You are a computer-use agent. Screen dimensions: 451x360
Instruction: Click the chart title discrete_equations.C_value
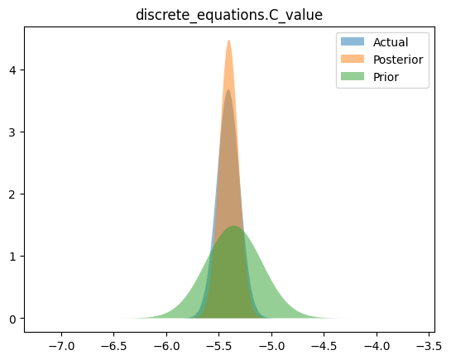[229, 15]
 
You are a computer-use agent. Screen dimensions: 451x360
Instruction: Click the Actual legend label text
[391, 42]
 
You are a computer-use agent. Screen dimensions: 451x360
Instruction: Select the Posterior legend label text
[398, 60]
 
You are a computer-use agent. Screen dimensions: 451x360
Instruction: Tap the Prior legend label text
[386, 77]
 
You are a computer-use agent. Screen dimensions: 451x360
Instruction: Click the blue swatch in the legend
[353, 41]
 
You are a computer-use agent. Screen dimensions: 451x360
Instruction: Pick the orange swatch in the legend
[353, 59]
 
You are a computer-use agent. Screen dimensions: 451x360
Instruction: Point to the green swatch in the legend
[353, 76]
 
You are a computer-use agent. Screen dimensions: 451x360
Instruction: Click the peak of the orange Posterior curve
[228, 41]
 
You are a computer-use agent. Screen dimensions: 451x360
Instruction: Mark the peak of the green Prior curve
[234, 226]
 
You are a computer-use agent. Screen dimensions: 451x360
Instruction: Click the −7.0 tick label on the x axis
[61, 346]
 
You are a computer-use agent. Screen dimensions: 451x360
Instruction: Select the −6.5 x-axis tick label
[114, 346]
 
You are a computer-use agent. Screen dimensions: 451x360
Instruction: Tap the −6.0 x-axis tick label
[166, 346]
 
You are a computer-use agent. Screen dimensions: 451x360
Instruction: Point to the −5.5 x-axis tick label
[219, 346]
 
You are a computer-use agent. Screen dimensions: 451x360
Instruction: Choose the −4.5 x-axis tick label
[324, 346]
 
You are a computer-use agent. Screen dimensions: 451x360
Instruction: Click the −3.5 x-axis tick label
[429, 346]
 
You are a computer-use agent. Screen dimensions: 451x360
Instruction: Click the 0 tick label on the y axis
[12, 319]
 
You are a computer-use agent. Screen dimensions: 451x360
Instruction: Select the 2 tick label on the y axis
[12, 194]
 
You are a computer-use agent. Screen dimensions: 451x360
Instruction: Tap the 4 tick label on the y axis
[12, 70]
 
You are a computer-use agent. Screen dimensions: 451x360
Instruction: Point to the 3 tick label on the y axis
[12, 132]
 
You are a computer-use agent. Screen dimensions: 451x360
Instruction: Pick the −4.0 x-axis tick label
[377, 346]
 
